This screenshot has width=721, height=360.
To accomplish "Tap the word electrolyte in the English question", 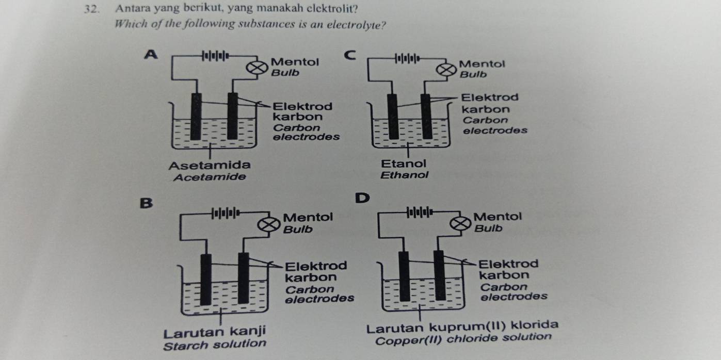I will pyautogui.click(x=358, y=24).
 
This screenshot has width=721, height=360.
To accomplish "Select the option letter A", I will pyautogui.click(x=150, y=54).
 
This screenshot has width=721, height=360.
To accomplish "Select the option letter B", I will pyautogui.click(x=147, y=203).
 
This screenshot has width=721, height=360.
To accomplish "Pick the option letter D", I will pyautogui.click(x=362, y=197).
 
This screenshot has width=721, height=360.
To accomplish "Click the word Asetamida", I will pyautogui.click(x=210, y=165).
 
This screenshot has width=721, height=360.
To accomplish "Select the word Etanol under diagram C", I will pyautogui.click(x=404, y=163).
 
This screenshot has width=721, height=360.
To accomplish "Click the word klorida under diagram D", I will pyautogui.click(x=537, y=325).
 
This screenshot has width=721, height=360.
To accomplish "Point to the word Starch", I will pyautogui.click(x=184, y=344).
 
